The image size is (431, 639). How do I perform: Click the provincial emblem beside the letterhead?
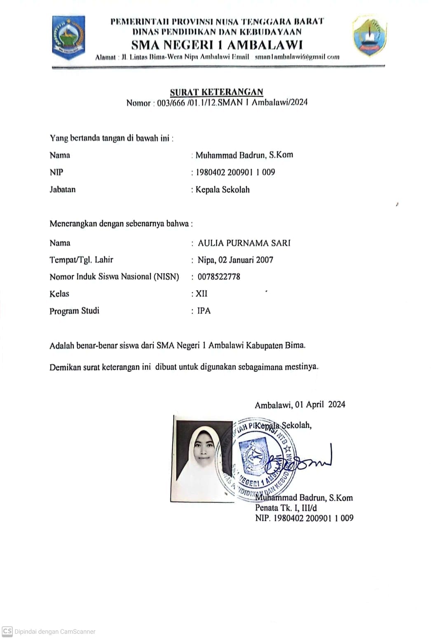coord(68,38)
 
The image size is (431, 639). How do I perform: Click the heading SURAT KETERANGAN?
coord(217,92)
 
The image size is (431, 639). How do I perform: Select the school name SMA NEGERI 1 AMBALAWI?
coord(217,45)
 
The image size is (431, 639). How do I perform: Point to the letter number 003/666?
coord(171,103)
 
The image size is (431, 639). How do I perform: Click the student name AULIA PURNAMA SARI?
coord(244,243)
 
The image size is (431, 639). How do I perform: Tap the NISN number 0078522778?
coord(219,277)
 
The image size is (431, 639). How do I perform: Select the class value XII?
coord(201,294)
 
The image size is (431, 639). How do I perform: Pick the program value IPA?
coord(204,310)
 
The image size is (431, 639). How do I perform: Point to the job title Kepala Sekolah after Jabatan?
coord(223,190)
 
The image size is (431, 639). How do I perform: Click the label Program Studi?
coord(74,310)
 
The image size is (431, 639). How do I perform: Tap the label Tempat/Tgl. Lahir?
coord(81,260)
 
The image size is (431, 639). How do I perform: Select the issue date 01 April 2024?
coord(320,404)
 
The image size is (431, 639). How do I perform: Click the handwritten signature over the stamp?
coord(301,461)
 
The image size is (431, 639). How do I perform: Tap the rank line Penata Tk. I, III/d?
coord(286,508)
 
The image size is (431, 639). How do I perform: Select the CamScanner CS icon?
coord(7,631)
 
